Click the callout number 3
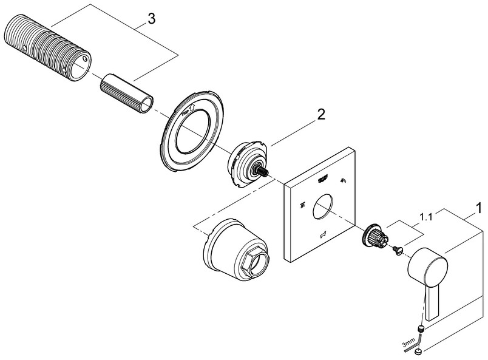tap(151, 19)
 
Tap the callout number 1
tap(479, 208)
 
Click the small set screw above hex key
tap(421, 330)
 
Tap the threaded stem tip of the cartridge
tap(265, 173)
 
